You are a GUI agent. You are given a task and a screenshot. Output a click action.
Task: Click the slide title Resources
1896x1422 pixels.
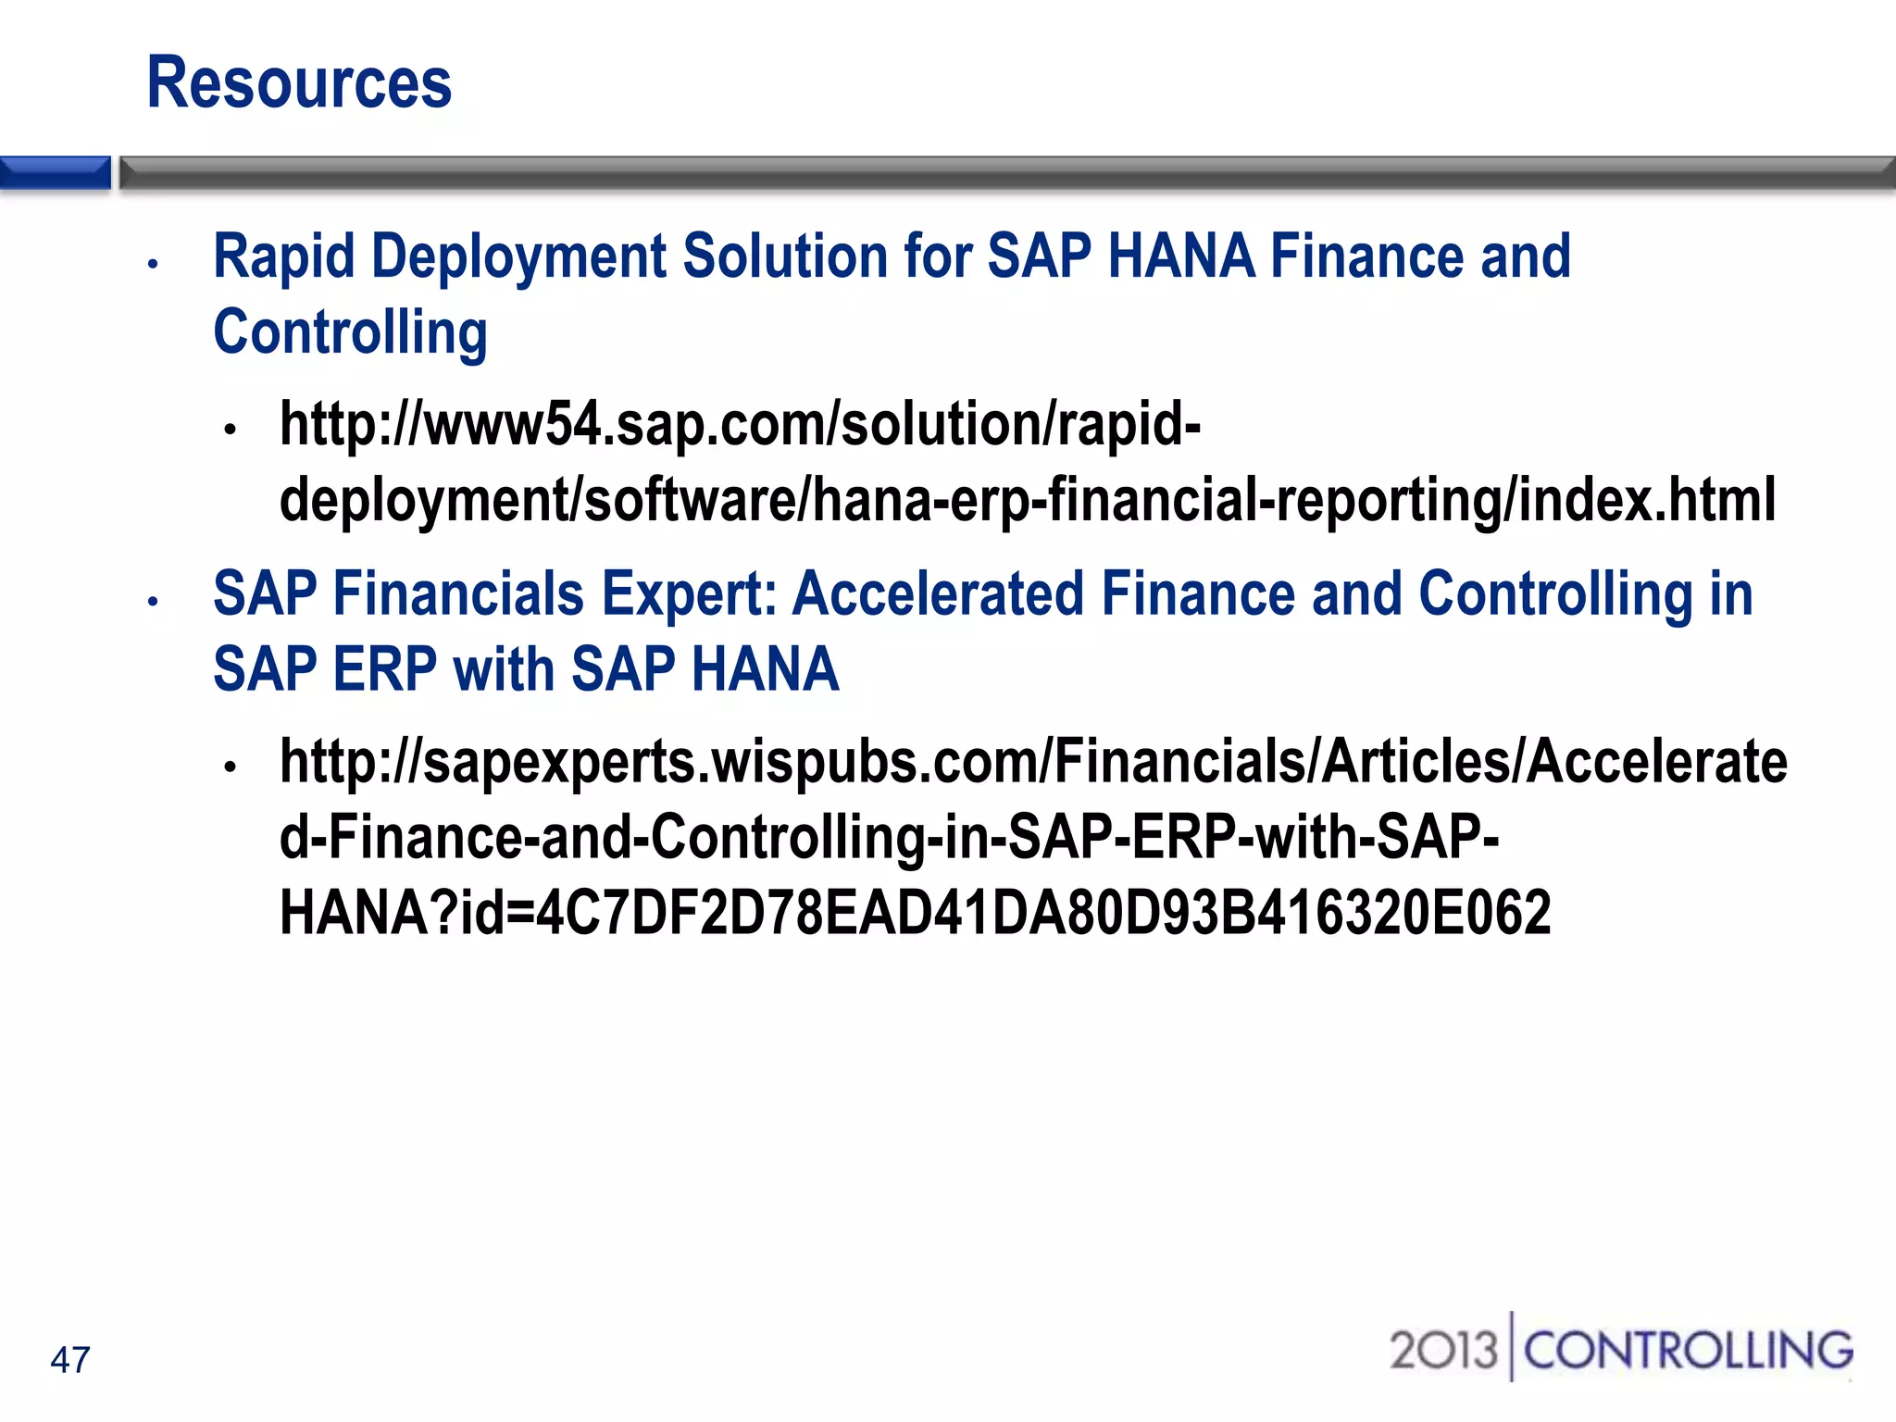[x=299, y=83]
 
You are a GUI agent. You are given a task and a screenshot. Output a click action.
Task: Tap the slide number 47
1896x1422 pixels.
[x=70, y=1360]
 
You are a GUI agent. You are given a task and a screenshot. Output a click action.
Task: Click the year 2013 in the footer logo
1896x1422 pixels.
[x=1442, y=1351]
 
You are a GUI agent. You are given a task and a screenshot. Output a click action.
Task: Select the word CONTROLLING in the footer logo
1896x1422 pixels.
[x=1688, y=1351]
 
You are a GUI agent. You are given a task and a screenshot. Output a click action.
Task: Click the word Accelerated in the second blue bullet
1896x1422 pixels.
[x=938, y=593]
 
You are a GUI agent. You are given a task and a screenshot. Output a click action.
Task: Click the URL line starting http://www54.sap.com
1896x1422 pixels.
[x=740, y=425]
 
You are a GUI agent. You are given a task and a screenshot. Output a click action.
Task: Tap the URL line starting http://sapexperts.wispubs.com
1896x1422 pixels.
[x=1033, y=762]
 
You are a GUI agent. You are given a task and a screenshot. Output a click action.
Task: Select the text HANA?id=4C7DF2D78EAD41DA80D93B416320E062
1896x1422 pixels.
[x=915, y=914]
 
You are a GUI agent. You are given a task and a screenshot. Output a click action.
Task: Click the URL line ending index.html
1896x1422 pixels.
[x=1028, y=501]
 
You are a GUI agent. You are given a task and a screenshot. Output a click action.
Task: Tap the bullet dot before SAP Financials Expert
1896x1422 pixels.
[x=154, y=602]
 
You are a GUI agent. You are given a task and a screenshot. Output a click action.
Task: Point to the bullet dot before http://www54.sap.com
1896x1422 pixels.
[x=231, y=430]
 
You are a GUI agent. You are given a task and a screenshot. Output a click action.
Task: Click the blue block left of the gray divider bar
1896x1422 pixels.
[x=55, y=173]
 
